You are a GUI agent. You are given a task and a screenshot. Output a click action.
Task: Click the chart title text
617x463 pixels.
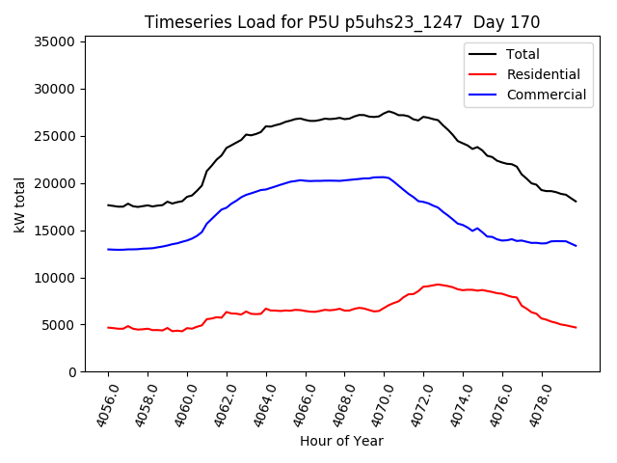[x=341, y=22]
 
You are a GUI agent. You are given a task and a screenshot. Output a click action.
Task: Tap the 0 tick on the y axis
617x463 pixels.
[x=72, y=372]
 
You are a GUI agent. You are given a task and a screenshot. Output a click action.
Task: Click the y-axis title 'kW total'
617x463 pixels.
[x=19, y=205]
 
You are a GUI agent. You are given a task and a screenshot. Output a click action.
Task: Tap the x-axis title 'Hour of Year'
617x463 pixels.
[x=341, y=441]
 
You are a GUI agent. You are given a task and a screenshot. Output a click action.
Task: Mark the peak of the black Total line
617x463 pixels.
[x=389, y=111]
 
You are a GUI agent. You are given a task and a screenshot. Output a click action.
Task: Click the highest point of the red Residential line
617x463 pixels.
[x=438, y=285]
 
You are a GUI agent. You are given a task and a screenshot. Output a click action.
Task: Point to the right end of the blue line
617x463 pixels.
[x=577, y=246]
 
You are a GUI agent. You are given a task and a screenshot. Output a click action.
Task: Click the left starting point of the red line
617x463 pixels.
[x=108, y=327]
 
